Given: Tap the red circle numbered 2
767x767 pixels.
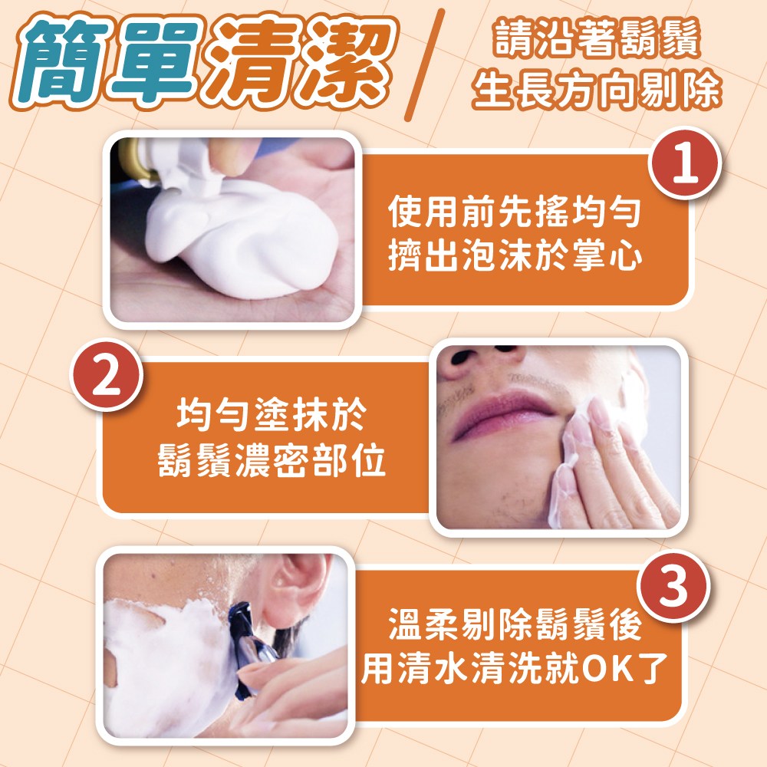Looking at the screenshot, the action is pyautogui.click(x=106, y=375).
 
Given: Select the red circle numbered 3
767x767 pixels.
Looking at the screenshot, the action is pyautogui.click(x=673, y=586).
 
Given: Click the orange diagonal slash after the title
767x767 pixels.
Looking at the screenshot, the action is pyautogui.click(x=425, y=64).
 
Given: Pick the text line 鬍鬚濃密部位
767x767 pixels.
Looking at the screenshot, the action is pyautogui.click(x=272, y=460).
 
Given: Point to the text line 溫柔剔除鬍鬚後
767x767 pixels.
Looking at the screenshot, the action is pyautogui.click(x=515, y=624).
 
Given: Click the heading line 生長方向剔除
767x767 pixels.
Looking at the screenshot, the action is pyautogui.click(x=597, y=90).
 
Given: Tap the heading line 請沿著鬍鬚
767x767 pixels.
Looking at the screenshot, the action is pyautogui.click(x=597, y=38).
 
